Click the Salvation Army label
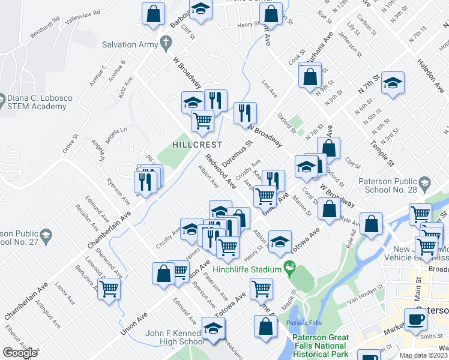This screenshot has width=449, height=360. [128, 44]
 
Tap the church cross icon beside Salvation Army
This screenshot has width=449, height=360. [165, 43]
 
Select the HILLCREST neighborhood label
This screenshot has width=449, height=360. [197, 145]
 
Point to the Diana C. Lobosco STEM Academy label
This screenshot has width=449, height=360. [37, 102]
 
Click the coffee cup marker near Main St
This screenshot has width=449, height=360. [415, 319]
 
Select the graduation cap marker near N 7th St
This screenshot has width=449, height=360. [393, 83]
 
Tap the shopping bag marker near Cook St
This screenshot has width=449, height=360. [310, 77]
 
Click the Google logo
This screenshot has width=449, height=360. [20, 353]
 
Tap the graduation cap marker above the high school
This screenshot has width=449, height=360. [213, 328]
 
